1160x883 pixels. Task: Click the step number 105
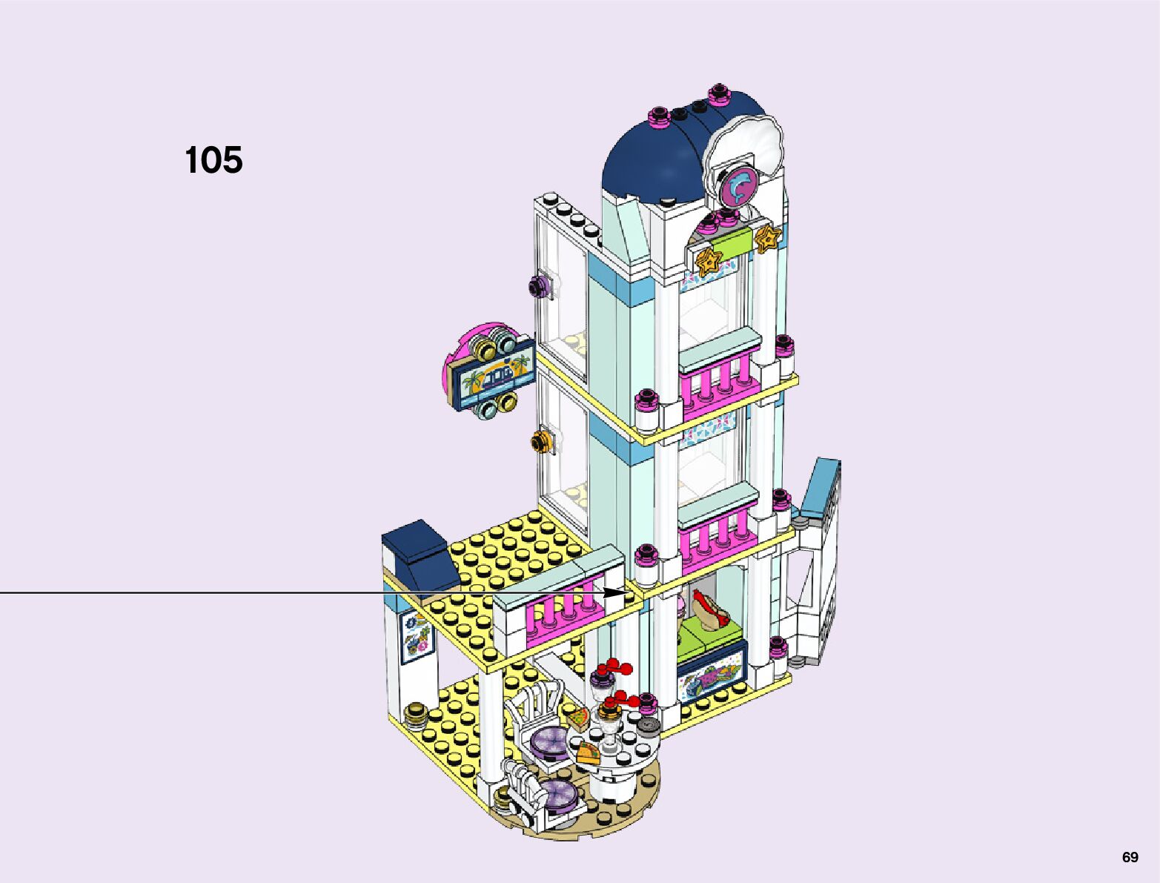(x=213, y=160)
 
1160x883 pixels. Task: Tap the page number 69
(x=1130, y=858)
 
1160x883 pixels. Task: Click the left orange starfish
(x=709, y=259)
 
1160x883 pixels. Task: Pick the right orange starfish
(x=768, y=239)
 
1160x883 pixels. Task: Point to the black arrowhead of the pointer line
(x=617, y=592)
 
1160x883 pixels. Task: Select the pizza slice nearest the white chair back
(x=580, y=717)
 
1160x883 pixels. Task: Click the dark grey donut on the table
(x=649, y=725)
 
